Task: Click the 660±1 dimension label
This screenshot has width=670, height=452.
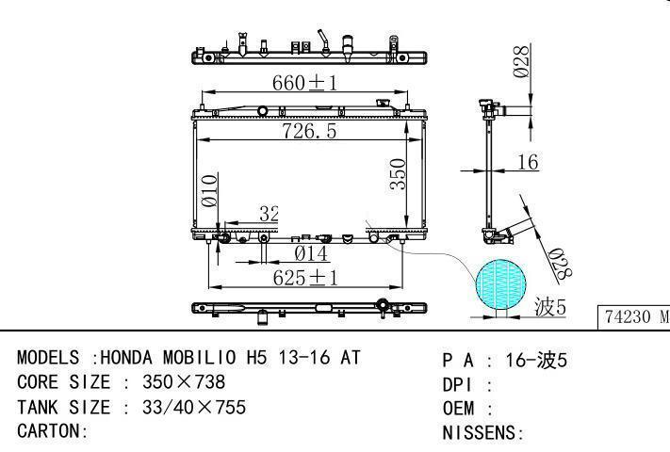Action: [x=304, y=83]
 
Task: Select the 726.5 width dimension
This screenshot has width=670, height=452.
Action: [x=309, y=131]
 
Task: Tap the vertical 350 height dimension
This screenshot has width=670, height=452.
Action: [x=398, y=173]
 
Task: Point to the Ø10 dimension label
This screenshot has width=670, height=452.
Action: [x=209, y=191]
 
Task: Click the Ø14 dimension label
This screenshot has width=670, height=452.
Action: [x=311, y=254]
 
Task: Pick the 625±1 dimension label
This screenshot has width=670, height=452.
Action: [x=305, y=279]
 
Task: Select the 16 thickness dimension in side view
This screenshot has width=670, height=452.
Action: [x=528, y=162]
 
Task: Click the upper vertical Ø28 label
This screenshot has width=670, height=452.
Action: [x=521, y=62]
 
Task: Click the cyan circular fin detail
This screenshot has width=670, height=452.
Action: [x=500, y=283]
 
